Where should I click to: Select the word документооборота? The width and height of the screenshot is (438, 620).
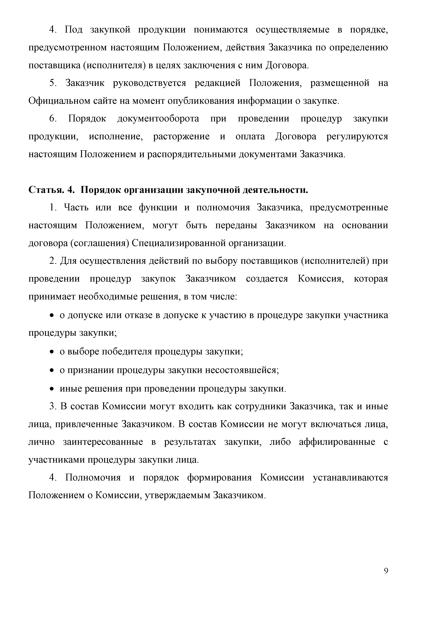[x=158, y=119]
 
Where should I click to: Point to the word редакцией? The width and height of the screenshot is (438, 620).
[x=217, y=83]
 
